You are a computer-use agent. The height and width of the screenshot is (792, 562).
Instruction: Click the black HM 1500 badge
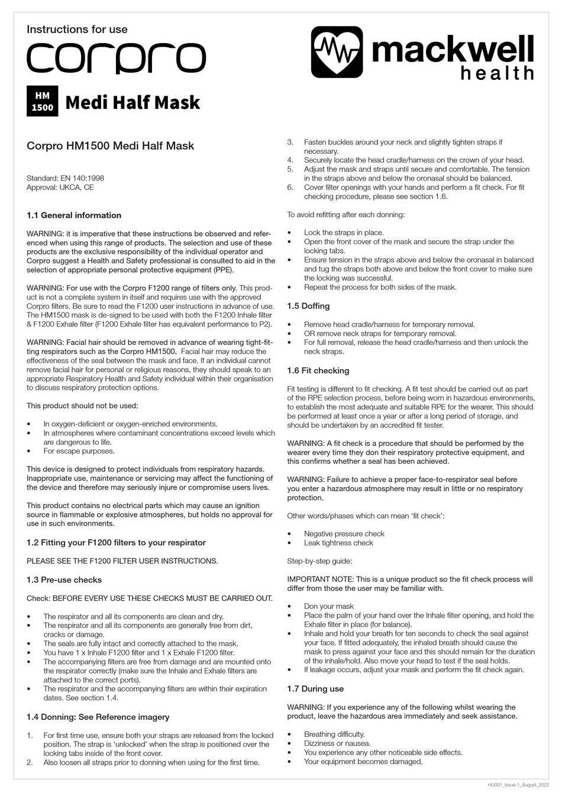(x=43, y=101)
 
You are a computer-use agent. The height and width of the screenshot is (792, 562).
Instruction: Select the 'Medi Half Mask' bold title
(x=133, y=102)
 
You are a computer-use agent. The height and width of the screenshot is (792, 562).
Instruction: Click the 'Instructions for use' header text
(x=77, y=29)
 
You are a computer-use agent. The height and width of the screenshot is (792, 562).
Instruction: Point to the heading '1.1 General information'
(x=74, y=215)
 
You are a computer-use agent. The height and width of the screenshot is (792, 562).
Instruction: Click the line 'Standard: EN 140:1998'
(x=66, y=178)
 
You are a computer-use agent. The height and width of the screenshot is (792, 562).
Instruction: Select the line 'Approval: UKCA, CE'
(x=60, y=188)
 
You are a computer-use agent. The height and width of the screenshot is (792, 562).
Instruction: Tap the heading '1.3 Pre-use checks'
(x=64, y=580)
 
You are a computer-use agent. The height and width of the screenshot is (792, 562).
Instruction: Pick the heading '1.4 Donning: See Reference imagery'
(x=98, y=717)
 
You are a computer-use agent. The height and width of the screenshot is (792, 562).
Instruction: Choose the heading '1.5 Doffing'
(x=308, y=306)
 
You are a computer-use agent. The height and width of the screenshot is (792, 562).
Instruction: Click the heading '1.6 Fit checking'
(x=318, y=370)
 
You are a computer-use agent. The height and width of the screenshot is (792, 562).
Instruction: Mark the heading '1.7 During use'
(x=315, y=688)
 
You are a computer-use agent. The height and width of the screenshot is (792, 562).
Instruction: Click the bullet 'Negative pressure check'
(x=344, y=534)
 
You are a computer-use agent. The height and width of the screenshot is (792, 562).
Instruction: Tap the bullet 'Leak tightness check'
(x=338, y=543)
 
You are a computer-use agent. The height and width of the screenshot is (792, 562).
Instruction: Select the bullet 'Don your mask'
(x=328, y=606)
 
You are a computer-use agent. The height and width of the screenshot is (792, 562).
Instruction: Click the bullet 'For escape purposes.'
(x=79, y=451)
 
